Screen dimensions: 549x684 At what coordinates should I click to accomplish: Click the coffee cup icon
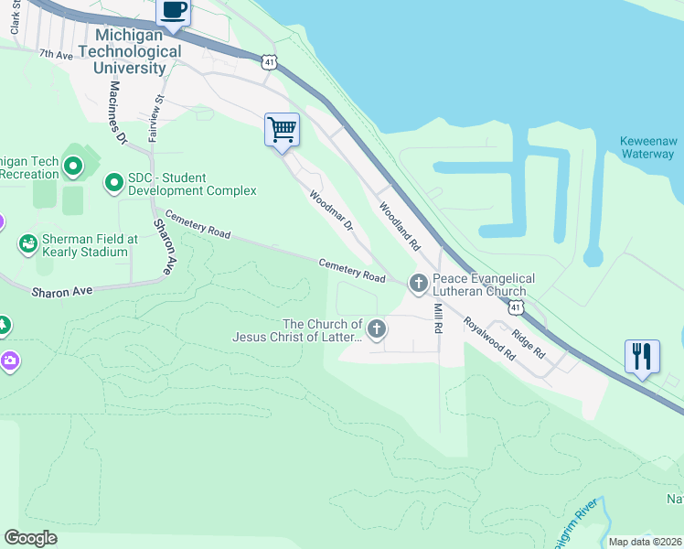(x=174, y=12)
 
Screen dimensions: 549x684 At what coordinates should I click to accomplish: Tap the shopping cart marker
(x=282, y=129)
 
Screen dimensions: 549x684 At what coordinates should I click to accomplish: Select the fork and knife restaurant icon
(x=642, y=356)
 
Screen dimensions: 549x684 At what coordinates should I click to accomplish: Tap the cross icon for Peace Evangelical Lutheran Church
(x=418, y=284)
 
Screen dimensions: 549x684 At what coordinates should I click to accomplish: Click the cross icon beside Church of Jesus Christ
(x=376, y=328)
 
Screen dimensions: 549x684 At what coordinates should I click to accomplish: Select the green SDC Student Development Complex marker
(x=114, y=184)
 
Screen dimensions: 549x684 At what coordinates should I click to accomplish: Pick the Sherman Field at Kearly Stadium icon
(x=27, y=244)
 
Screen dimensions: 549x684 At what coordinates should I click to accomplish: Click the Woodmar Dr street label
(x=330, y=210)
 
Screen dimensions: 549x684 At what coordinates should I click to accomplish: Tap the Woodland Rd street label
(x=399, y=227)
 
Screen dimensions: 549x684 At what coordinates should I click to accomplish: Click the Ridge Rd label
(x=529, y=342)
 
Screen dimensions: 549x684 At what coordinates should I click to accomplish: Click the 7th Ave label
(x=55, y=55)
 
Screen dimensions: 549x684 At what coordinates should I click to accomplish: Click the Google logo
(x=30, y=538)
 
